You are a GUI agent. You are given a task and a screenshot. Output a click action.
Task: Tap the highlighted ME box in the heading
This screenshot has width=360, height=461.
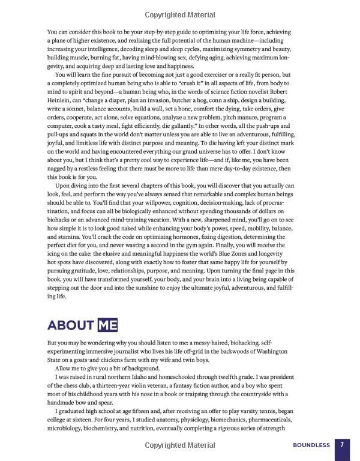point(106,325)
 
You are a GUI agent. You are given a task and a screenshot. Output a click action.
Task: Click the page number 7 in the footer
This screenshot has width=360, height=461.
point(341,445)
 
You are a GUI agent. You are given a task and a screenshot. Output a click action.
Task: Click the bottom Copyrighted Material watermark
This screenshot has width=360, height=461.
point(179,445)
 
